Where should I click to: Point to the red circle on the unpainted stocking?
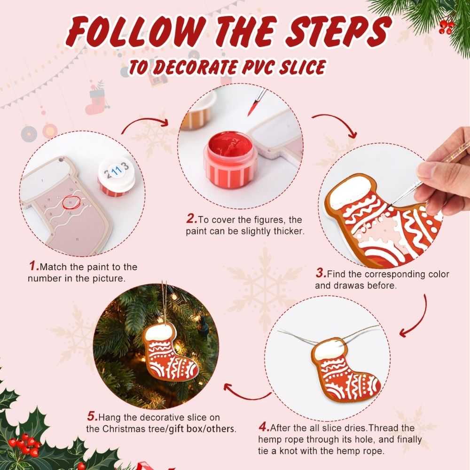tap(69, 202)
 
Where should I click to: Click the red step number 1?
tap(33, 266)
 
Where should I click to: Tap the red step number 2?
tap(191, 219)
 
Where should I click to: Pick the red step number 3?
tap(321, 274)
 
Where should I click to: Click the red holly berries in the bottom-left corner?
tap(25, 445)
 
